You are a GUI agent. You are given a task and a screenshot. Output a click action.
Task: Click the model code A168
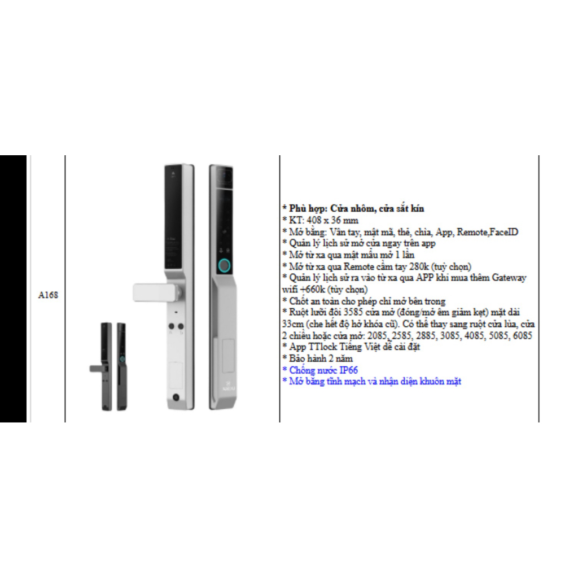pyautogui.click(x=48, y=295)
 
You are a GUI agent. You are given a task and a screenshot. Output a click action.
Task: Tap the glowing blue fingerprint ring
pyautogui.click(x=224, y=265)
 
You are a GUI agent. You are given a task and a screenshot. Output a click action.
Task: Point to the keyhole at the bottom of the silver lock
pyautogui.click(x=176, y=398)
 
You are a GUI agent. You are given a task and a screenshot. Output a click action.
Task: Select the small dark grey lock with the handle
pyautogui.click(x=101, y=366)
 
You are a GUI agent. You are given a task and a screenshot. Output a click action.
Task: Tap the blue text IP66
pyautogui.click(x=348, y=370)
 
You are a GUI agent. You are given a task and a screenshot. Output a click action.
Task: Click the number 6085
pyautogui.click(x=522, y=335)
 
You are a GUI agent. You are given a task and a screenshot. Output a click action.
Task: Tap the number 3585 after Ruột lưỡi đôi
pyautogui.click(x=353, y=312)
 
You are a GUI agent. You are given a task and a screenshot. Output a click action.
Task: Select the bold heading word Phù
pyautogui.click(x=298, y=208)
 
